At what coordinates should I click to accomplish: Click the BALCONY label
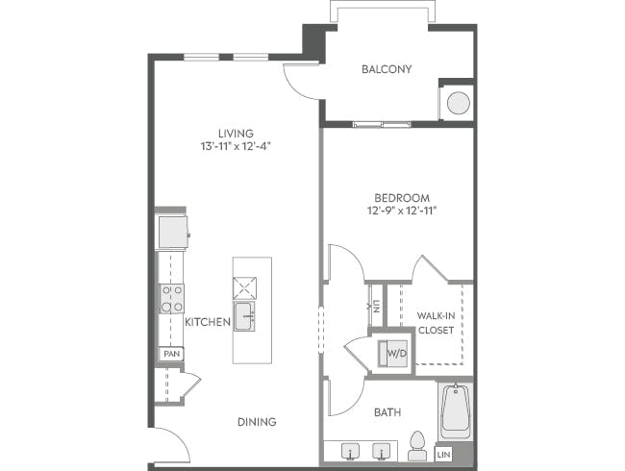click(x=387, y=69)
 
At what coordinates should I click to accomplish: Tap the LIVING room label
click(x=235, y=133)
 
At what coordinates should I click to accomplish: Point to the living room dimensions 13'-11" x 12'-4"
click(x=235, y=147)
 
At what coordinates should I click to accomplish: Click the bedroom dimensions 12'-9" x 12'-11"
click(x=396, y=210)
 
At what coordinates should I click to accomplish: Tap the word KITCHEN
click(x=207, y=323)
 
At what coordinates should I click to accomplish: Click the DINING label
click(x=257, y=422)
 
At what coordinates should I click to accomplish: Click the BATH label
click(x=387, y=413)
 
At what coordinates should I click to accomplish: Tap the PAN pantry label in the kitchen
click(x=171, y=354)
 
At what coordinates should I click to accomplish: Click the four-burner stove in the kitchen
click(x=171, y=298)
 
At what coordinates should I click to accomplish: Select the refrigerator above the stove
click(x=172, y=232)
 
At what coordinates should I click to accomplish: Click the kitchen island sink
click(x=244, y=314)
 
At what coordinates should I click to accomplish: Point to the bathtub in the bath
click(x=454, y=411)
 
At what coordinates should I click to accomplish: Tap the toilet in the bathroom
click(x=417, y=444)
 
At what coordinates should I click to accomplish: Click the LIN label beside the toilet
click(x=444, y=453)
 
